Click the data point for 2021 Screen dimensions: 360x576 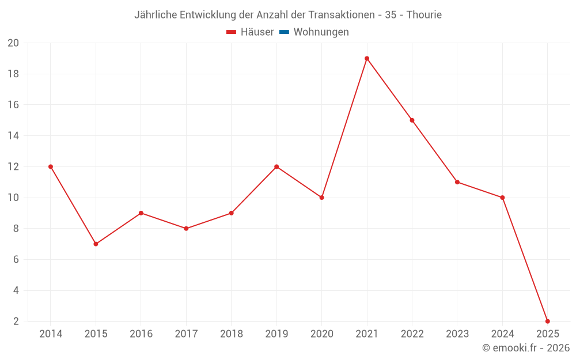tap(367, 58)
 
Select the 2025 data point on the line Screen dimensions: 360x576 tap(547, 321)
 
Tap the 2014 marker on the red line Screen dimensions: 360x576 tap(51, 166)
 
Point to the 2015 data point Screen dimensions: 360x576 tap(96, 244)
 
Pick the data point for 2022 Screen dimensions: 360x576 tap(412, 120)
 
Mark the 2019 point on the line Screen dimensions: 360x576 tap(276, 166)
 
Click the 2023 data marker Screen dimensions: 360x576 tap(457, 182)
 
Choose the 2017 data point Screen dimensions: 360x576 tap(186, 228)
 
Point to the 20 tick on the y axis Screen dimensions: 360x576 tap(13, 43)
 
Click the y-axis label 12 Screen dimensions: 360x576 tap(13, 166)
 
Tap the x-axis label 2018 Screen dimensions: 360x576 tap(231, 334)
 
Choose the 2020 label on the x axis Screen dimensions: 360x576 tap(321, 334)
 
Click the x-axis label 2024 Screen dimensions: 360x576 tap(502, 334)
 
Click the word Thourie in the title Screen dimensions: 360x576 tap(424, 15)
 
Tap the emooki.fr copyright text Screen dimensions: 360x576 tap(526, 348)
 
